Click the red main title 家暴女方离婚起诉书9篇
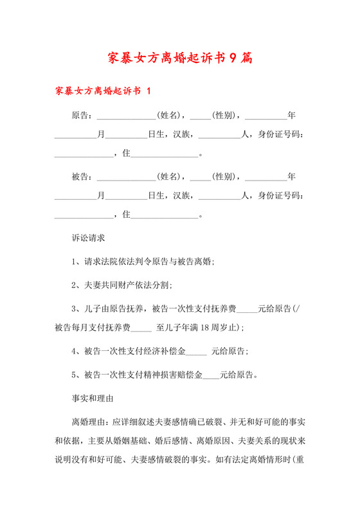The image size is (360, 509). point(179,58)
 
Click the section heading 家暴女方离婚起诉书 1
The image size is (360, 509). point(103,91)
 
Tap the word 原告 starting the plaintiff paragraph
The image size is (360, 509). point(80,116)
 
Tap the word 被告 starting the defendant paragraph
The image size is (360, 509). point(80,176)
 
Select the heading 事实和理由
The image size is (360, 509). point(93,398)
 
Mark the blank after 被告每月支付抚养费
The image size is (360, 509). point(141,328)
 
